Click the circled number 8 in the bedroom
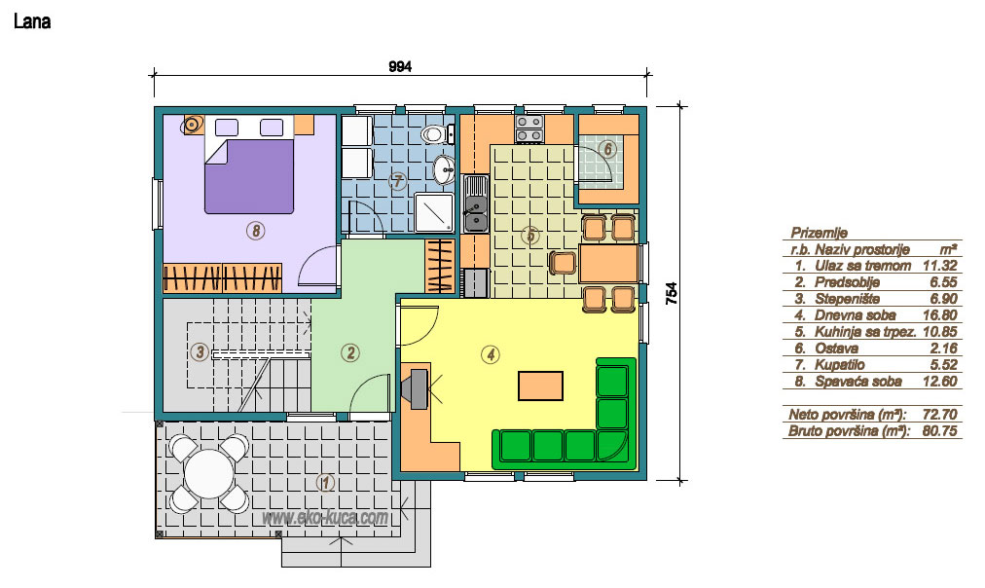[x=255, y=231]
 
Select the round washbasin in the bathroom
[x=445, y=169]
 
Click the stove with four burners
[x=529, y=129]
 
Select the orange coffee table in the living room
[x=540, y=386]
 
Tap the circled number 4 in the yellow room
[x=490, y=355]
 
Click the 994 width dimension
[x=400, y=66]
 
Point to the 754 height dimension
[x=671, y=293]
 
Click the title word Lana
[x=32, y=22]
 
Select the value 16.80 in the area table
[x=940, y=315]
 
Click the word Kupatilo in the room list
[x=840, y=365]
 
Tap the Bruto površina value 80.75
[x=940, y=431]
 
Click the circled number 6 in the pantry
[x=606, y=150]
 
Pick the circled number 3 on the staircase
[x=200, y=351]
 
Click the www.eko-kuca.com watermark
[x=325, y=517]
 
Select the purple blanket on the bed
[x=249, y=176]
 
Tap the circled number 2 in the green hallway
[x=350, y=353]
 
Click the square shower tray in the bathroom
[x=434, y=211]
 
